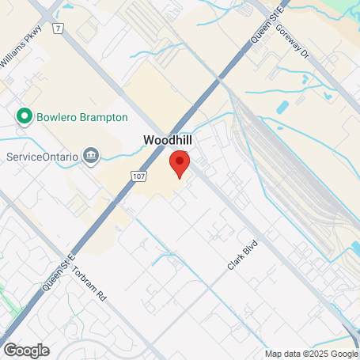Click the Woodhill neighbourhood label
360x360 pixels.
167,139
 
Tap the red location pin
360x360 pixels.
180,164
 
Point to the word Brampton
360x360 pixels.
104,117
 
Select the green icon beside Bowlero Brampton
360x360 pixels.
25,117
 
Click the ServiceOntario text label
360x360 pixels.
43,156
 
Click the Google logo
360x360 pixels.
26,350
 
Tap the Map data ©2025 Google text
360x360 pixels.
311,354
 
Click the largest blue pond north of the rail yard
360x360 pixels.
283,108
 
